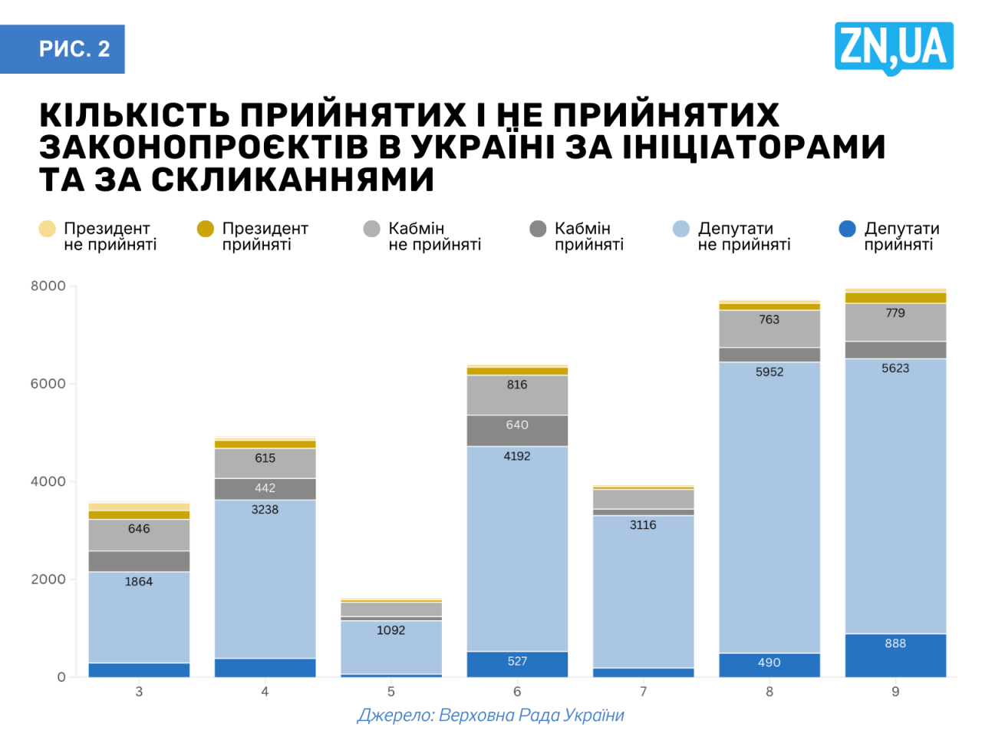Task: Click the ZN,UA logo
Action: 894,48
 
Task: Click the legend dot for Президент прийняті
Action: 205,229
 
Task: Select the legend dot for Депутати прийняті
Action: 847,229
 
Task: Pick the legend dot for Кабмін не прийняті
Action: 371,229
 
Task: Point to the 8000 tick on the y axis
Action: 48,286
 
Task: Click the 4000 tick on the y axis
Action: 48,481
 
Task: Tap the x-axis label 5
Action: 390,692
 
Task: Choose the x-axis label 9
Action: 895,692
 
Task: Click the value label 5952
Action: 769,372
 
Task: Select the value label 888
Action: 895,643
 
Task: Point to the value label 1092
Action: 390,630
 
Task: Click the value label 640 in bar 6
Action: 517,425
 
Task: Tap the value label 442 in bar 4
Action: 265,488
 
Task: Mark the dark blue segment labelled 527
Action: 517,665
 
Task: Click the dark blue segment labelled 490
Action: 769,665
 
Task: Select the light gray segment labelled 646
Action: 139,535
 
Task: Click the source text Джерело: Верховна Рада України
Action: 490,716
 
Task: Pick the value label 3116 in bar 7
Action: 643,525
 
